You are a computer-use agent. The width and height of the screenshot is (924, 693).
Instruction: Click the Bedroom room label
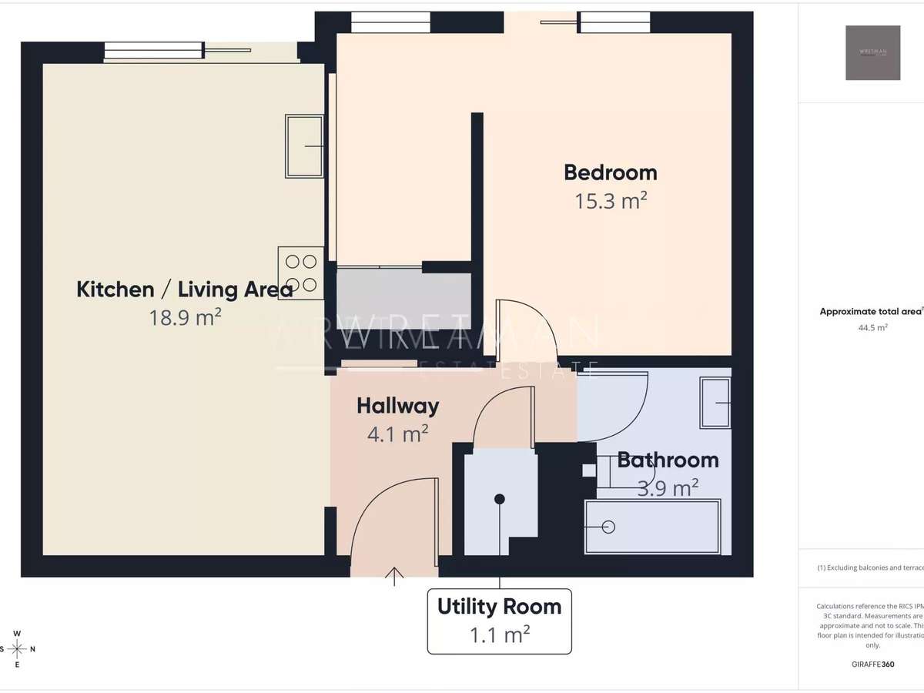[x=611, y=172]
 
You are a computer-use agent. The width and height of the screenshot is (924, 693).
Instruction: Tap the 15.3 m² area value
[x=611, y=202]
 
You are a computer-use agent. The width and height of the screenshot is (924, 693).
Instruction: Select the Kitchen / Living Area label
[x=185, y=290]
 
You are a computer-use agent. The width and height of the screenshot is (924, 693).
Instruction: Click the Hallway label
[x=397, y=406]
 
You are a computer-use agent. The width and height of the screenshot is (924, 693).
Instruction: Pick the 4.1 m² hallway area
[x=397, y=434]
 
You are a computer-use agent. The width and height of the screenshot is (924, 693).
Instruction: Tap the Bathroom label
[x=668, y=460]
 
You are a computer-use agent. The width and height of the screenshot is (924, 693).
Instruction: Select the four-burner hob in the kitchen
[x=301, y=273]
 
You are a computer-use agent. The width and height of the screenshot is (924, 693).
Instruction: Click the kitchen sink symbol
[x=304, y=146]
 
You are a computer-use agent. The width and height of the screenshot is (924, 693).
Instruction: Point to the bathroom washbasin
[x=715, y=403]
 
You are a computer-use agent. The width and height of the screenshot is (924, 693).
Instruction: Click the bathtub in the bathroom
[x=653, y=527]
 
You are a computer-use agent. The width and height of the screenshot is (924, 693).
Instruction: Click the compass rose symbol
[x=17, y=648]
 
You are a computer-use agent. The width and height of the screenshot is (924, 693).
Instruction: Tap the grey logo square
[x=872, y=52]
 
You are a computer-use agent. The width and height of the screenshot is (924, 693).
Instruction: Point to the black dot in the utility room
[x=500, y=499]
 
